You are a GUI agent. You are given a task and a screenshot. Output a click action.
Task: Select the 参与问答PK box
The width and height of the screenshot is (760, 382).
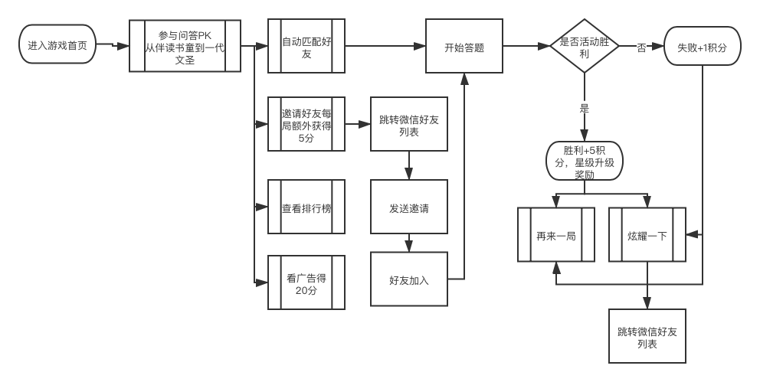click(185, 46)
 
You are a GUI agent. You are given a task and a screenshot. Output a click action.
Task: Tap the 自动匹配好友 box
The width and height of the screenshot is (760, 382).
click(306, 46)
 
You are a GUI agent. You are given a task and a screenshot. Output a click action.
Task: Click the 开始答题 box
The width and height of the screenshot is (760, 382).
click(464, 46)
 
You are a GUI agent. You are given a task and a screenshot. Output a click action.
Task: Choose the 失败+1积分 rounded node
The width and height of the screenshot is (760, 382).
click(702, 46)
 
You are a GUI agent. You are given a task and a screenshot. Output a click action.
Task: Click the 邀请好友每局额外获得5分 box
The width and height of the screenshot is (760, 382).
click(306, 124)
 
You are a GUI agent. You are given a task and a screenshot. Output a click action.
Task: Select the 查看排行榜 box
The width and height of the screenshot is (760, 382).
click(306, 207)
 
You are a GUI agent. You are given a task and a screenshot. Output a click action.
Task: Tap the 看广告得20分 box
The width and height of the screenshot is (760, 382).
click(306, 282)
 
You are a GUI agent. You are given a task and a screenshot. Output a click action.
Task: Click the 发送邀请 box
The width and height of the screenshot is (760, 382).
click(409, 207)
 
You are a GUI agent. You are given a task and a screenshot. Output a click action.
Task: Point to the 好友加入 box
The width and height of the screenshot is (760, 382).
click(409, 280)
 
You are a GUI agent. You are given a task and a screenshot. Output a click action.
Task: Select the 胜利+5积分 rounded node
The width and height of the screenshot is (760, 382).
click(585, 162)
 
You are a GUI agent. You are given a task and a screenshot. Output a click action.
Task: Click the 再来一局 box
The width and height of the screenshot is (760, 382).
click(556, 236)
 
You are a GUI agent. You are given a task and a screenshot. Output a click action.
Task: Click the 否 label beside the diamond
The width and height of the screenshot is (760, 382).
click(641, 47)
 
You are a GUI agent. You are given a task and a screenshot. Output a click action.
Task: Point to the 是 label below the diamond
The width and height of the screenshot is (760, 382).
click(585, 107)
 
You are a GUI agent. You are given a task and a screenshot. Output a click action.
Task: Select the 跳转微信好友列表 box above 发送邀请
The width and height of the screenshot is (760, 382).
click(409, 125)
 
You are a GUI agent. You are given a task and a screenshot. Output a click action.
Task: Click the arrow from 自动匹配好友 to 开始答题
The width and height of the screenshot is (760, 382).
click(385, 46)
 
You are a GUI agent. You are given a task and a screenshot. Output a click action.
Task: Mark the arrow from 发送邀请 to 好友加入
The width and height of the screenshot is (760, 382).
click(409, 243)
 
